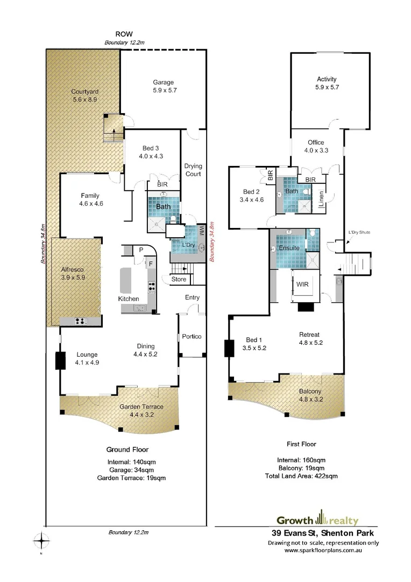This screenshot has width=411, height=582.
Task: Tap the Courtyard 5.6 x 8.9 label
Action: pos(85,95)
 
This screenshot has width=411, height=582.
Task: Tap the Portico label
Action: pos(192,336)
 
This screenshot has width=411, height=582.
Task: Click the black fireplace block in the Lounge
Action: pos(60,361)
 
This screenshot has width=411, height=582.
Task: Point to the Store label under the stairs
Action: pos(179,279)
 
